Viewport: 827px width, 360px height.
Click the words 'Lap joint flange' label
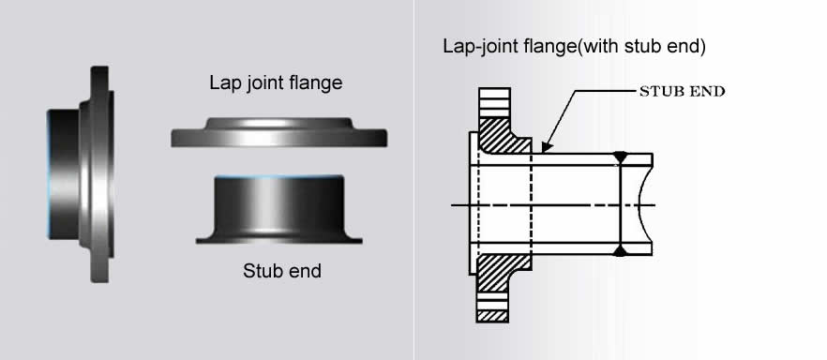[275, 82]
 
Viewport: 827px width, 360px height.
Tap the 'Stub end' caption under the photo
[281, 272]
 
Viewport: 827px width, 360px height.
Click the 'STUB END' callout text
[683, 91]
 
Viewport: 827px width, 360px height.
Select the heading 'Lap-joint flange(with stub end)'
[574, 46]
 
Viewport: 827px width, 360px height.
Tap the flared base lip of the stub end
[278, 240]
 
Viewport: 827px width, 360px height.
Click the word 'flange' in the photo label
[318, 82]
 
